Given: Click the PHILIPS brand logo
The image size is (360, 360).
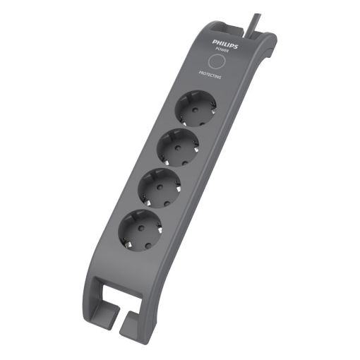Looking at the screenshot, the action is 225,44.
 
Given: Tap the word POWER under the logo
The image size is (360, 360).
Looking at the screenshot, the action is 222,49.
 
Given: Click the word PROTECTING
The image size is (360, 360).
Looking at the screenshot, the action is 210,75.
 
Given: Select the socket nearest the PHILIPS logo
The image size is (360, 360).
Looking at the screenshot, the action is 196,109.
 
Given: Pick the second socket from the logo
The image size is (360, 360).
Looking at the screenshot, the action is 178,148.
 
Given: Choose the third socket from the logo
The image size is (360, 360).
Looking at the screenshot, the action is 160,188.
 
